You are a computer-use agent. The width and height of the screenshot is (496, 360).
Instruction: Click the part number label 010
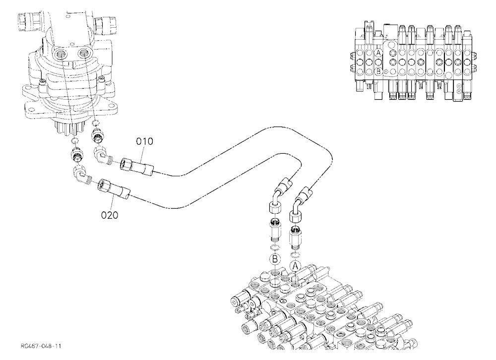click(144, 141)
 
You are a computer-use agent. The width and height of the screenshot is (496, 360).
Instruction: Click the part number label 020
click(110, 215)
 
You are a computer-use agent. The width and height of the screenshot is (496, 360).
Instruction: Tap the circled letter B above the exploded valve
click(275, 259)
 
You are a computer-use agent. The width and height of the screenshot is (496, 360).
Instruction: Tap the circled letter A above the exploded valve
click(296, 266)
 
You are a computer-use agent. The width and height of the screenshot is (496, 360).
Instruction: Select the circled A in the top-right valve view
click(378, 53)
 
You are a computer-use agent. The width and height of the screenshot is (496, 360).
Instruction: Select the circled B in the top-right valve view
click(378, 71)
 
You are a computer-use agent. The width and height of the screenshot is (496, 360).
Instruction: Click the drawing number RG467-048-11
click(41, 346)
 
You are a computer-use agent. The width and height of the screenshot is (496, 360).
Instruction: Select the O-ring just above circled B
click(274, 247)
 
